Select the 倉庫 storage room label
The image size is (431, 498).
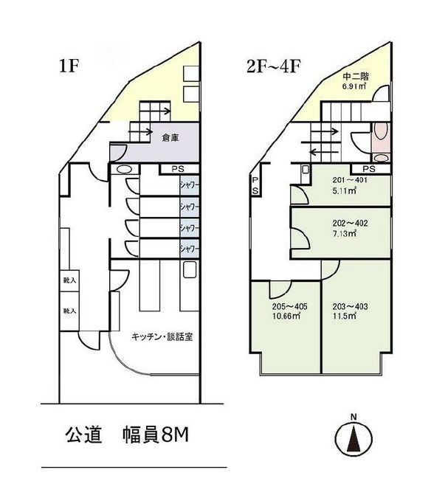tap(172, 136)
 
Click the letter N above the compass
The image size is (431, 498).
tap(354, 418)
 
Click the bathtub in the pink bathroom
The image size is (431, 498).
tap(381, 134)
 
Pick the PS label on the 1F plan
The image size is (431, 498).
tap(177, 169)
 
